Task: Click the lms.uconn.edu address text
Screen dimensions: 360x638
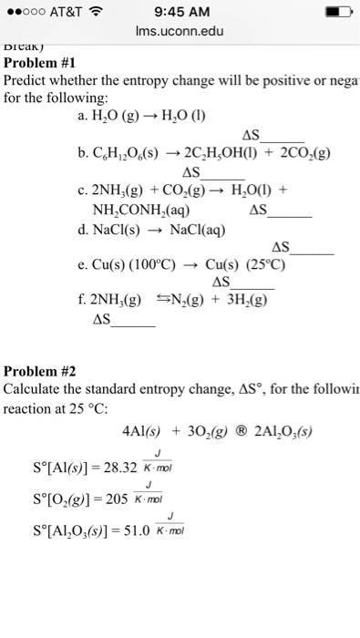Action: (x=180, y=33)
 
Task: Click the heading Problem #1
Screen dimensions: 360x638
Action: (x=45, y=64)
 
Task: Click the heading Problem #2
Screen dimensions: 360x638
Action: (x=45, y=371)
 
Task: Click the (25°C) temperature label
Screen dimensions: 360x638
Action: (x=266, y=266)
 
